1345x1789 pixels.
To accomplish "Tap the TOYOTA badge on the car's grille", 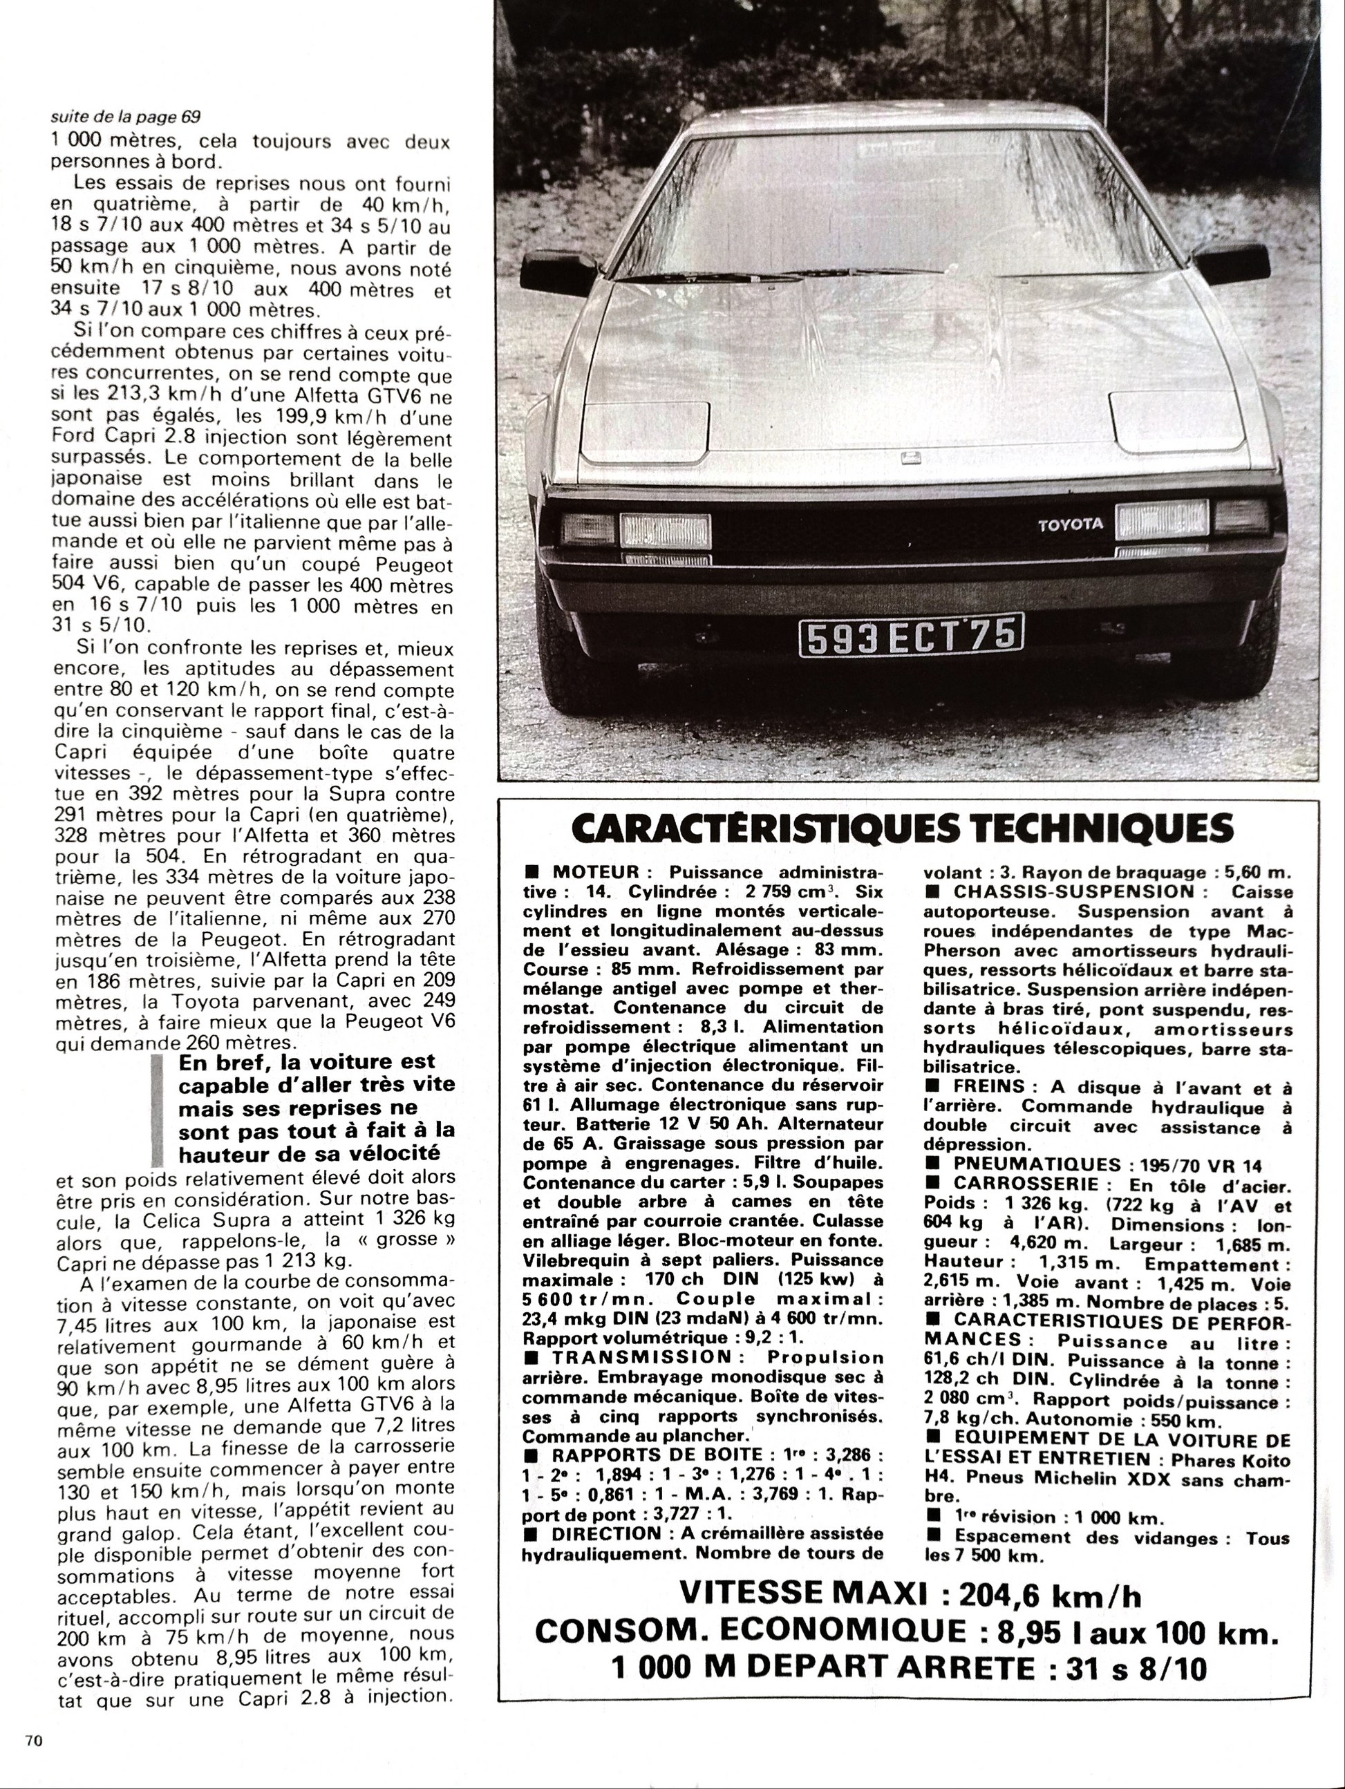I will point(1070,524).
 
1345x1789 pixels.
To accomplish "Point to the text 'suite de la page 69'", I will point(124,117).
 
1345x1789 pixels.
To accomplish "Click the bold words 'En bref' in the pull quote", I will point(214,1061).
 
